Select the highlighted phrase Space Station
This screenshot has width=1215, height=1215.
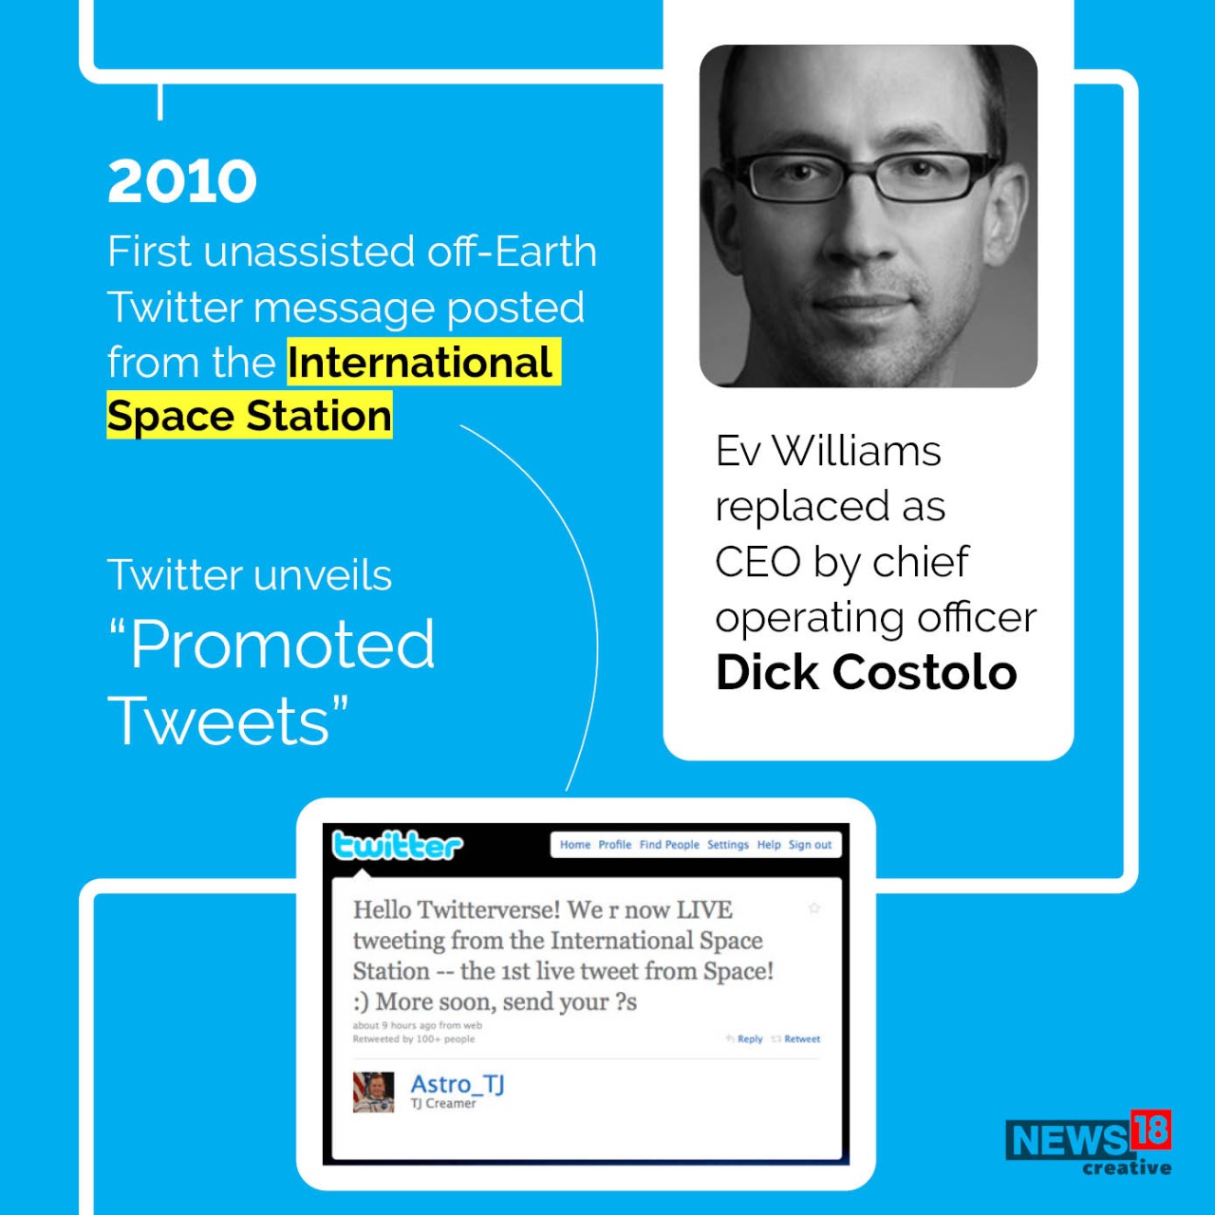pyautogui.click(x=249, y=417)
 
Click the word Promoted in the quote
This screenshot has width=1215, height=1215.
pyautogui.click(x=283, y=645)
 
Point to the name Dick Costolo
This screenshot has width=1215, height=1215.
pyautogui.click(x=866, y=673)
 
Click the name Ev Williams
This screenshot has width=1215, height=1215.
pyautogui.click(x=828, y=451)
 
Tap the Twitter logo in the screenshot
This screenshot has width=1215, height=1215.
pyautogui.click(x=397, y=845)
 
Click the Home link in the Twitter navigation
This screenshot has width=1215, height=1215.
pyautogui.click(x=574, y=845)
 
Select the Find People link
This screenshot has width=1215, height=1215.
pyautogui.click(x=669, y=845)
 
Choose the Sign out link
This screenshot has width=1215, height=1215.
pyautogui.click(x=810, y=845)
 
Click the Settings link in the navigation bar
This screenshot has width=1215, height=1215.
pyautogui.click(x=728, y=845)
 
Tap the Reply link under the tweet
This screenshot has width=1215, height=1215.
pyautogui.click(x=749, y=1039)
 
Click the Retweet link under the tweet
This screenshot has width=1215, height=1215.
pyautogui.click(x=801, y=1039)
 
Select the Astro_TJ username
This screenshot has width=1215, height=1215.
pyautogui.click(x=458, y=1084)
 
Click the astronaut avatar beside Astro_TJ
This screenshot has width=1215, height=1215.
pyautogui.click(x=373, y=1092)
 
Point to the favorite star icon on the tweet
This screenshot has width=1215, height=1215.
pyautogui.click(x=813, y=908)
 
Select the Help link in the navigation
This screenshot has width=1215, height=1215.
pyautogui.click(x=769, y=845)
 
